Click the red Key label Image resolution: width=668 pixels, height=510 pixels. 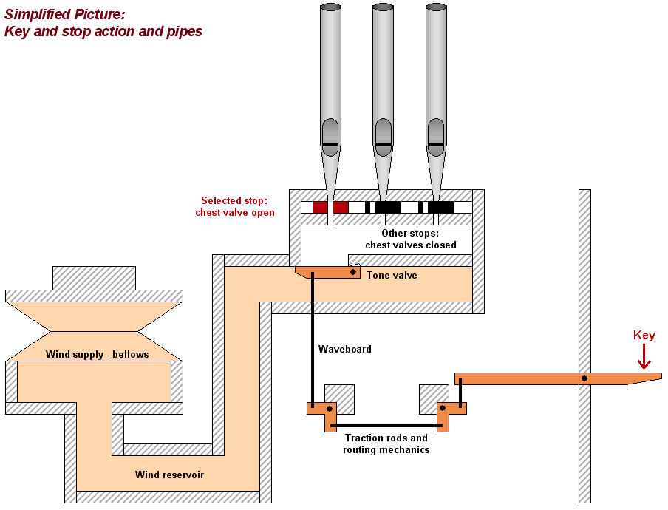[644, 336]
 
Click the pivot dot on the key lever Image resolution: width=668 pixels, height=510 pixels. [584, 378]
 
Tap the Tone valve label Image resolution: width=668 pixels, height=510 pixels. [392, 276]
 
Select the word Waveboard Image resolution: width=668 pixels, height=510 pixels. [344, 349]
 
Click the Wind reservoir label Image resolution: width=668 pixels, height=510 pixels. [169, 475]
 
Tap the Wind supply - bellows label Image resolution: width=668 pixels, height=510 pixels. [97, 355]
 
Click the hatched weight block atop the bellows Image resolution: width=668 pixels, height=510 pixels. [94, 278]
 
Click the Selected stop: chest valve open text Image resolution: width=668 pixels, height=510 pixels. [235, 207]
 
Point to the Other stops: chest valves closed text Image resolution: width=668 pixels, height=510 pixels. [411, 239]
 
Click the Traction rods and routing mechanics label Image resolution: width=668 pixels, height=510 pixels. [386, 443]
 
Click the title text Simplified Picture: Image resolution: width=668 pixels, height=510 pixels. [65, 13]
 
